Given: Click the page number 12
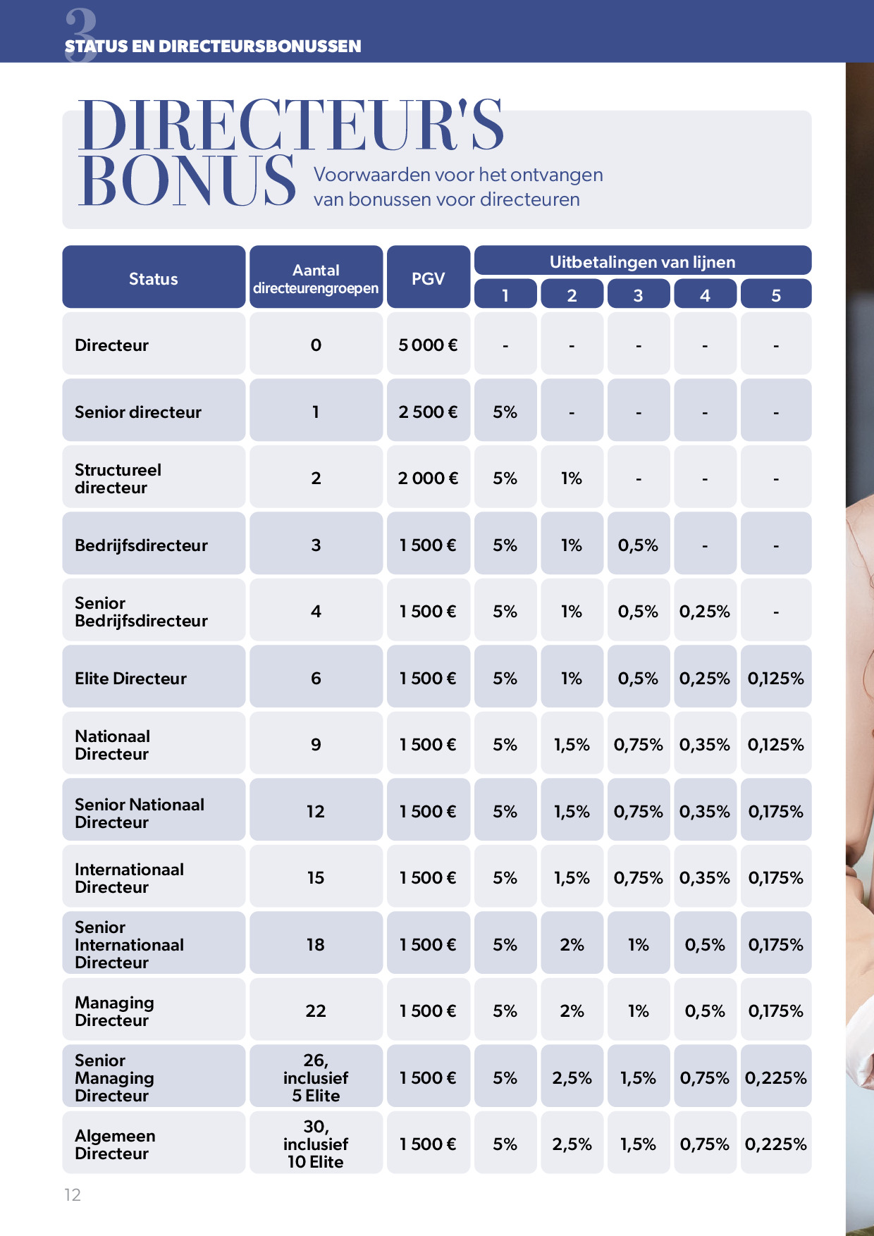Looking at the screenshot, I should [x=73, y=1194].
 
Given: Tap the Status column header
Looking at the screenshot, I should [x=154, y=278].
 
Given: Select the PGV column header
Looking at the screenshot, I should [x=428, y=278].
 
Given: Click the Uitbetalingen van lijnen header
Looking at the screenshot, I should [x=642, y=262].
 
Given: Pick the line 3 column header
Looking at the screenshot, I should [x=638, y=295].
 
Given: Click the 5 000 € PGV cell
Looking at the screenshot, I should [x=428, y=345].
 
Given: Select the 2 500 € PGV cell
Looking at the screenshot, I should [x=428, y=412].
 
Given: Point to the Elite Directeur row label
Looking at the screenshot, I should [x=131, y=678].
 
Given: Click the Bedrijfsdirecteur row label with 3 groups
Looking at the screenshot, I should [x=141, y=545].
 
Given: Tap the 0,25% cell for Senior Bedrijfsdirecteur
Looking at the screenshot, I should [x=704, y=611].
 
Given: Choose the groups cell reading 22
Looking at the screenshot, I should [x=316, y=1011].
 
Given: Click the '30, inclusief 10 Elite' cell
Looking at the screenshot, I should [x=316, y=1144].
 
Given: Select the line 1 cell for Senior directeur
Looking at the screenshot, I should [x=505, y=412].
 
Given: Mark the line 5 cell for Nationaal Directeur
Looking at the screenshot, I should [x=775, y=744].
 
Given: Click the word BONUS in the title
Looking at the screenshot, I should [x=187, y=181].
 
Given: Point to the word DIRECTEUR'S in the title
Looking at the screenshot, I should [x=290, y=125].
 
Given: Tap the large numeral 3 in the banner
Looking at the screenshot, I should [x=81, y=34].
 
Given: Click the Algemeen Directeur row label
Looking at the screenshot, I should [x=115, y=1144].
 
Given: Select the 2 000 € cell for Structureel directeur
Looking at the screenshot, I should [x=428, y=478].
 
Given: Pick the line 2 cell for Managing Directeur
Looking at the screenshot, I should [x=572, y=1011].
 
